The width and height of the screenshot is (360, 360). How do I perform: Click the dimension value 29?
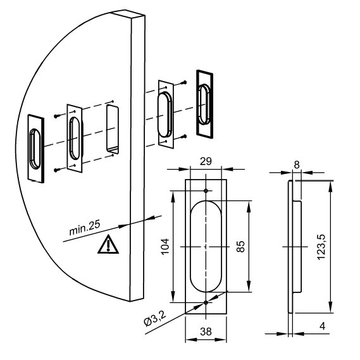tap(206, 161)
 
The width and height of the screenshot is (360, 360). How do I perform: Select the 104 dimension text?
tap(165, 247)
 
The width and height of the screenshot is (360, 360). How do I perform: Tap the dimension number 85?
tap(240, 247)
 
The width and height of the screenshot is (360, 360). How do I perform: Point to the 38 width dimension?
tap(206, 332)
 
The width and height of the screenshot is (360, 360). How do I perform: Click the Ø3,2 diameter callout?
tap(155, 319)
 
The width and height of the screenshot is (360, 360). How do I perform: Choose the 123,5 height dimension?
tap(321, 247)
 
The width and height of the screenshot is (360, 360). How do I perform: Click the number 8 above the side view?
tap(297, 164)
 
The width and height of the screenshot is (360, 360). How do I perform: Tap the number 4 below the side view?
tap(323, 326)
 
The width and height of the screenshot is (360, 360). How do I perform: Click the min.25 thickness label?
tap(85, 228)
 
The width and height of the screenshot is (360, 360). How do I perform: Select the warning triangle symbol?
tap(108, 245)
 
